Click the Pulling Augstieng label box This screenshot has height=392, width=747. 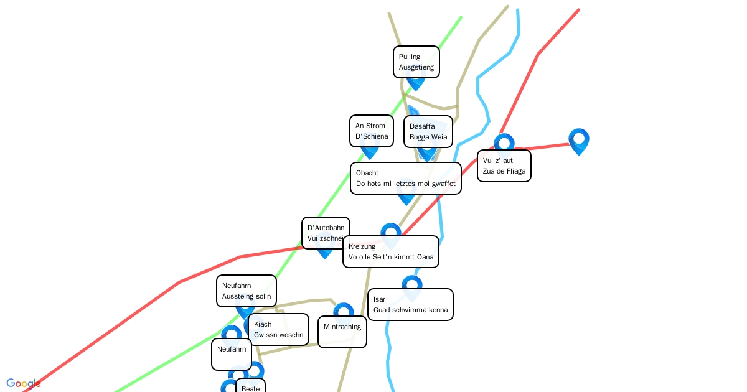pyautogui.click(x=416, y=62)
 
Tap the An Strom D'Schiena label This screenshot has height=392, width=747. pyautogui.click(x=371, y=131)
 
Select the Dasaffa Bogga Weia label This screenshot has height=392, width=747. pyautogui.click(x=428, y=131)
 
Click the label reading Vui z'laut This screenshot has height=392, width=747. pyautogui.click(x=504, y=166)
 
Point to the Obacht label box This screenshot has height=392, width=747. pyautogui.click(x=405, y=178)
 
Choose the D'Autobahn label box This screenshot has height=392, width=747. pyautogui.click(x=326, y=233)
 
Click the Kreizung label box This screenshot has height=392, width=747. pyautogui.click(x=390, y=251)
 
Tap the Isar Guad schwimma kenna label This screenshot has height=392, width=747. pyautogui.click(x=410, y=304)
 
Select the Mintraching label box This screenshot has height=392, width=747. pyautogui.click(x=342, y=332)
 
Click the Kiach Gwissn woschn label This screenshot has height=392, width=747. pyautogui.click(x=278, y=329)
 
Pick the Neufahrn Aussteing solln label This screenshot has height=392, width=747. pyautogui.click(x=246, y=291)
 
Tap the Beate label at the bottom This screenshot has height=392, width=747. pyautogui.click(x=250, y=386)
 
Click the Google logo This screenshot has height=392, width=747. pyautogui.click(x=24, y=383)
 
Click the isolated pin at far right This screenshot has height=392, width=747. pyautogui.click(x=578, y=141)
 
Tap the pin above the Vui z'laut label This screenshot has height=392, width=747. pyautogui.click(x=504, y=142)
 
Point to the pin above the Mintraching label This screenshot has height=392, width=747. pyautogui.click(x=343, y=310)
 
